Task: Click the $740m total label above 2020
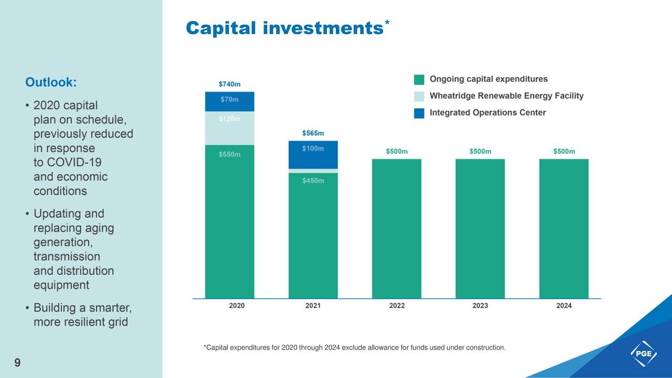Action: pyautogui.click(x=229, y=84)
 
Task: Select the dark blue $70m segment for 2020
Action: pyautogui.click(x=229, y=101)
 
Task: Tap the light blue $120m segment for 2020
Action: pyautogui.click(x=229, y=128)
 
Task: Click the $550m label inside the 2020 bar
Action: pyautogui.click(x=229, y=154)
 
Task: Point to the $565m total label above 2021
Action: pyautogui.click(x=313, y=133)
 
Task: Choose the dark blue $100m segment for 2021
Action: pyautogui.click(x=313, y=155)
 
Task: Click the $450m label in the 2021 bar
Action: pyautogui.click(x=313, y=181)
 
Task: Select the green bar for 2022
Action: pyautogui.click(x=396, y=228)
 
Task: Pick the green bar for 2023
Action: pyautogui.click(x=480, y=228)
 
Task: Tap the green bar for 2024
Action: pyautogui.click(x=564, y=228)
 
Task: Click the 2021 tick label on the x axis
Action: pyautogui.click(x=313, y=306)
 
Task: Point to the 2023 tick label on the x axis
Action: pyautogui.click(x=480, y=306)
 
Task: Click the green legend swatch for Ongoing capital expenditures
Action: pyautogui.click(x=419, y=80)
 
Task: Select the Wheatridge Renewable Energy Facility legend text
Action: pyautogui.click(x=506, y=96)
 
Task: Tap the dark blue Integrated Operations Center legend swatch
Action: pyautogui.click(x=419, y=113)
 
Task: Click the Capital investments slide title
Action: pyautogui.click(x=284, y=28)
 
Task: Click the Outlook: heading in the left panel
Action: pyautogui.click(x=51, y=82)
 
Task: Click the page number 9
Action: pyautogui.click(x=17, y=363)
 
